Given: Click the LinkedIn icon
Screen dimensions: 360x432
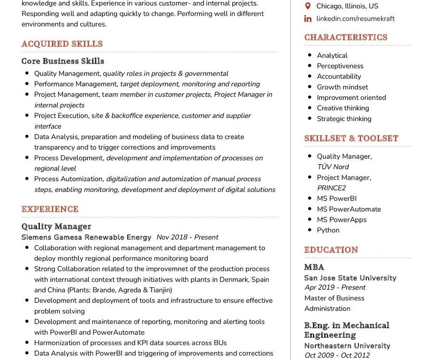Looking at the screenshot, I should point(308,19).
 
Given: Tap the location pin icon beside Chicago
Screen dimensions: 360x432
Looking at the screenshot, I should point(308,6).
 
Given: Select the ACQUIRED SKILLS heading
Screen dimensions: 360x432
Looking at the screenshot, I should point(62,44).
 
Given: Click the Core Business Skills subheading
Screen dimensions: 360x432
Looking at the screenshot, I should point(63,61).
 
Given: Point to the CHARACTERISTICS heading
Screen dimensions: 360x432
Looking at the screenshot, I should point(346,37).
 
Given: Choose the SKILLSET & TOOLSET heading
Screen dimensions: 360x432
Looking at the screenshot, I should point(351,138).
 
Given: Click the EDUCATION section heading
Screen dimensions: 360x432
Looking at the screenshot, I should point(331,250).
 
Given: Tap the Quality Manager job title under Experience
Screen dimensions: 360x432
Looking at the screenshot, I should point(56,226).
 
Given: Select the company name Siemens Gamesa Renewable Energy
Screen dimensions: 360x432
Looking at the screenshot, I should point(86,237).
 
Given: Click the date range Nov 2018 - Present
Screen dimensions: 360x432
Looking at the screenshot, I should point(187,237).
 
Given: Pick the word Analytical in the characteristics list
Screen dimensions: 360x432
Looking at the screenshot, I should point(332,56).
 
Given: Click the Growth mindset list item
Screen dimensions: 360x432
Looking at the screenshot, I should point(342,87).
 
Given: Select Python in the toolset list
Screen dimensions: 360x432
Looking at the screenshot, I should point(328,230).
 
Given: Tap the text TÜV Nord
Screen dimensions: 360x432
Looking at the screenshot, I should point(333,167).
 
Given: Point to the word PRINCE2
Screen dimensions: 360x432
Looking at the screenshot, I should point(331,188).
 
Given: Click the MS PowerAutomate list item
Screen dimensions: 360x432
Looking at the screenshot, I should point(349,209).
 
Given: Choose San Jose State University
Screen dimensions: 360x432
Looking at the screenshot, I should point(350,278).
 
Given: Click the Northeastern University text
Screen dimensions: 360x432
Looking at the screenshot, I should point(348,346).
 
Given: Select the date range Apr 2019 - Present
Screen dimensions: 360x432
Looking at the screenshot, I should point(335,288).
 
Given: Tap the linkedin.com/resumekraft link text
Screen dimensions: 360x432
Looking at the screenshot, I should point(356,19).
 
